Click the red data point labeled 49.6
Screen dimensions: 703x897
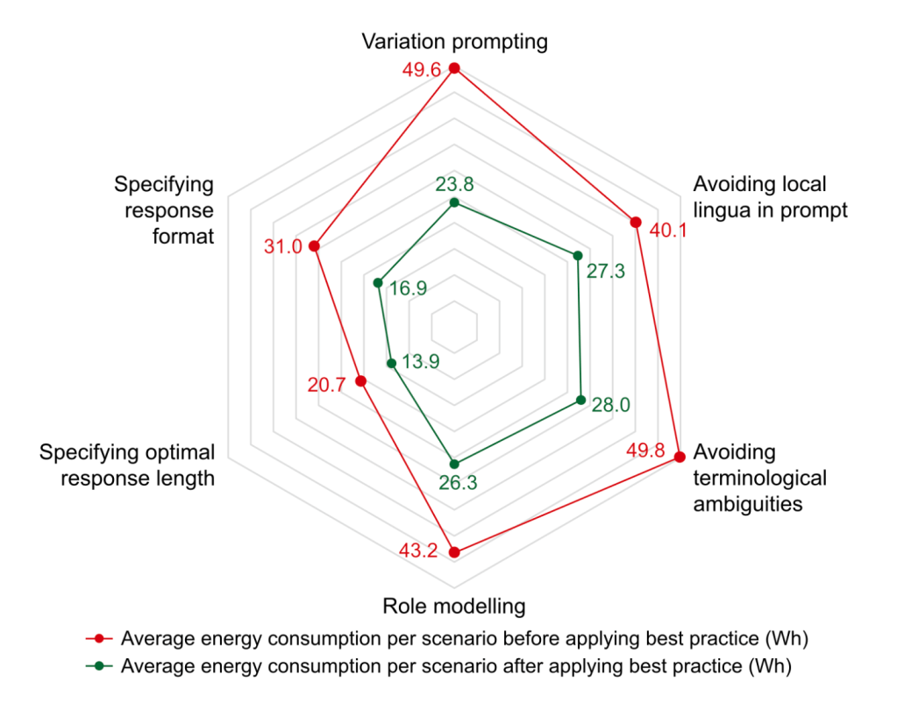[454, 68]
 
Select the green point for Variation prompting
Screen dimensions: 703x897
[454, 203]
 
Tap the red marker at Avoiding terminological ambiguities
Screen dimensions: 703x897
[680, 457]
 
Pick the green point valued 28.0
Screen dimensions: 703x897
[580, 400]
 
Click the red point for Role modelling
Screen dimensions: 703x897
[454, 551]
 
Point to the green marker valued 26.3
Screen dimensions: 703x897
[454, 464]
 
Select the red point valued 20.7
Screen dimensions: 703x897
[360, 380]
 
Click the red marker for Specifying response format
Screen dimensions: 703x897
[314, 246]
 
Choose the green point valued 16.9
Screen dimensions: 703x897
[378, 283]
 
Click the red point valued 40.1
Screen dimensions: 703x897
[636, 222]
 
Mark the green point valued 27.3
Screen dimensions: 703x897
[578, 255]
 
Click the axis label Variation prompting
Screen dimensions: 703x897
[454, 41]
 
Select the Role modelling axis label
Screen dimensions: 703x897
[454, 606]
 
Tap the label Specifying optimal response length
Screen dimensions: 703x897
[127, 465]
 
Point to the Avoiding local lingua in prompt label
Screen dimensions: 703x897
[770, 197]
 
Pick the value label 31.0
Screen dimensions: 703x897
[283, 247]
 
